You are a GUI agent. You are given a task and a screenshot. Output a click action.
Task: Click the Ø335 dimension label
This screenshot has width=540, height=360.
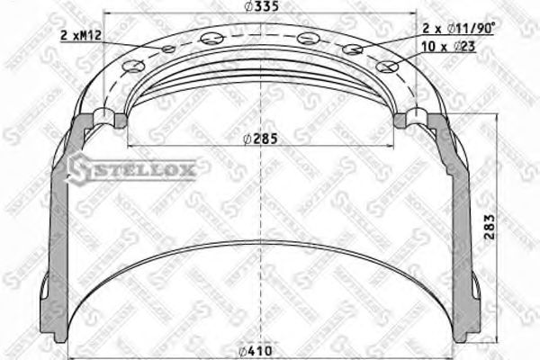click(261, 6)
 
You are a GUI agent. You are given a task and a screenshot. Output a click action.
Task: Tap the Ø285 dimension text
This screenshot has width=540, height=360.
click(260, 139)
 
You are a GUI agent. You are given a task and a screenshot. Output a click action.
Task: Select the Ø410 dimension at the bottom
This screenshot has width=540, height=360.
click(256, 351)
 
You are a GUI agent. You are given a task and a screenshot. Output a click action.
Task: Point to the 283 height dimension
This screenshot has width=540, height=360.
click(490, 227)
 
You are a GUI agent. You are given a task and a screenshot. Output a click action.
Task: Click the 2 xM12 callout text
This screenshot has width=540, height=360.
click(81, 35)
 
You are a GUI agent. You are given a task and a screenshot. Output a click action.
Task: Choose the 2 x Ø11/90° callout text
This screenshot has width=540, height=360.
click(459, 28)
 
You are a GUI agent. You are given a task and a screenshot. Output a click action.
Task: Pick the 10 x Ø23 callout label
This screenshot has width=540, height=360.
click(448, 46)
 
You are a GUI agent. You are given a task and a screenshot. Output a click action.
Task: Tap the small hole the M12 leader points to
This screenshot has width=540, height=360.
click(169, 49)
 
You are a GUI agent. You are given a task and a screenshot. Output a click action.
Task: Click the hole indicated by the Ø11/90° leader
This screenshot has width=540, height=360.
click(353, 49)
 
